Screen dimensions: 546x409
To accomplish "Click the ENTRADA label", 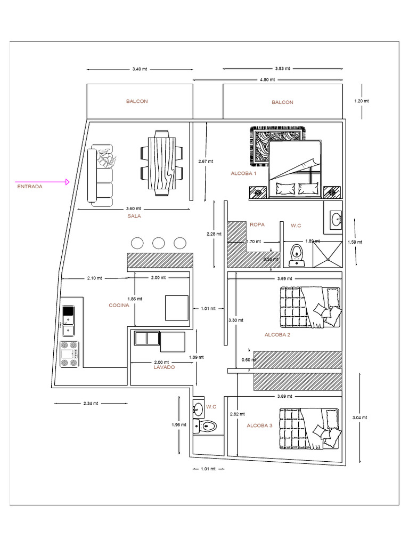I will (x=29, y=187).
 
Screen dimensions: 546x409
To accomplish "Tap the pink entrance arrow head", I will (x=67, y=182).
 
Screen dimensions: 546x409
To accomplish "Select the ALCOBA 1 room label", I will (x=243, y=174).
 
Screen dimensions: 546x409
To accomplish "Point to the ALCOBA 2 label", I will (x=277, y=335).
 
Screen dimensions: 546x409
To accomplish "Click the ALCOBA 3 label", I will (x=259, y=425).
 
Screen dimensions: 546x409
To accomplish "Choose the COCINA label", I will (x=119, y=305).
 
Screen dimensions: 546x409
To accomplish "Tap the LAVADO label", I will (x=164, y=367).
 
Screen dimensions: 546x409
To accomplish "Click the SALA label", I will (x=134, y=216).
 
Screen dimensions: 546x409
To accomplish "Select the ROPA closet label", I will (x=257, y=225).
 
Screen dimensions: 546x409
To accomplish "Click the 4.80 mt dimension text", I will (x=267, y=79).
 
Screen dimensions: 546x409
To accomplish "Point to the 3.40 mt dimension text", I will (x=140, y=69).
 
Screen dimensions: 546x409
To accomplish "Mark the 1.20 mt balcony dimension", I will (x=361, y=100).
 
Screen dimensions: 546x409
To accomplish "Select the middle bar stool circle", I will (x=158, y=243).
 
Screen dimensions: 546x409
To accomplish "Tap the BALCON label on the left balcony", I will (x=137, y=101).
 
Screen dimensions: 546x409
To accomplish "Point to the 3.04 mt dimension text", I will (x=361, y=417).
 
